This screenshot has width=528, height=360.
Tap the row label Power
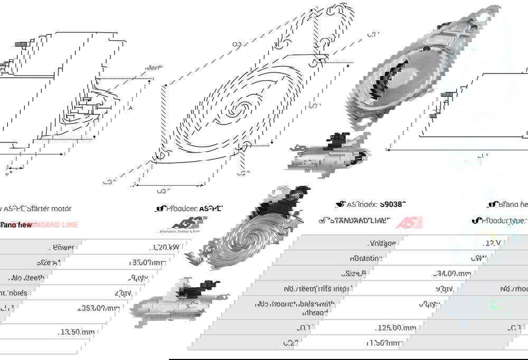coord(63,247)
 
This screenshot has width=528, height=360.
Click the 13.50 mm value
coord(78,332)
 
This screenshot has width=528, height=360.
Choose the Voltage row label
coord(382,243)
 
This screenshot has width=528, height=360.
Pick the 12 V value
coord(493,243)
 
